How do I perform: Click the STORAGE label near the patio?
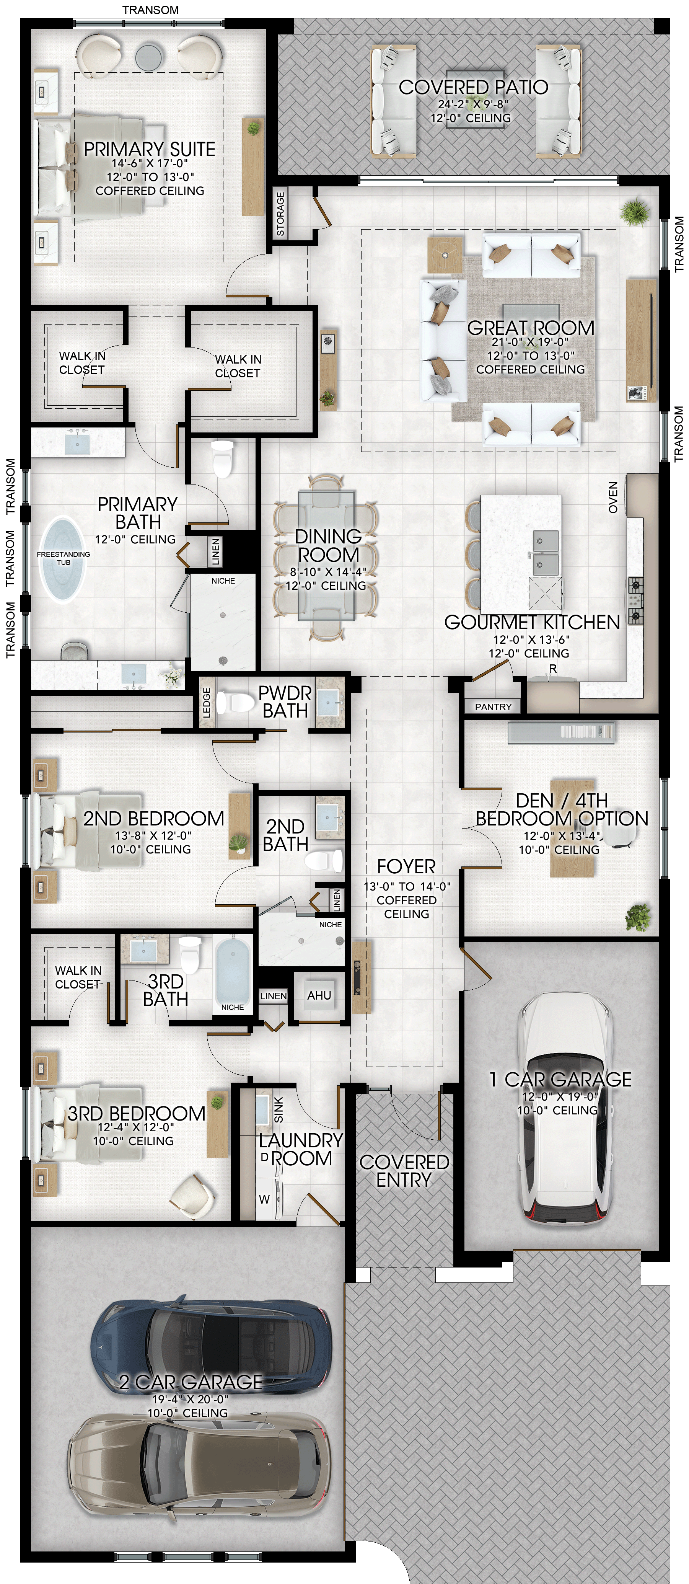(281, 214)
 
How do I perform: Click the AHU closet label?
(319, 995)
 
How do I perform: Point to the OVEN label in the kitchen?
(613, 498)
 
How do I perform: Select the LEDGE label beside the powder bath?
(207, 702)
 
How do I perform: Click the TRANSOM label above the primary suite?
(151, 10)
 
